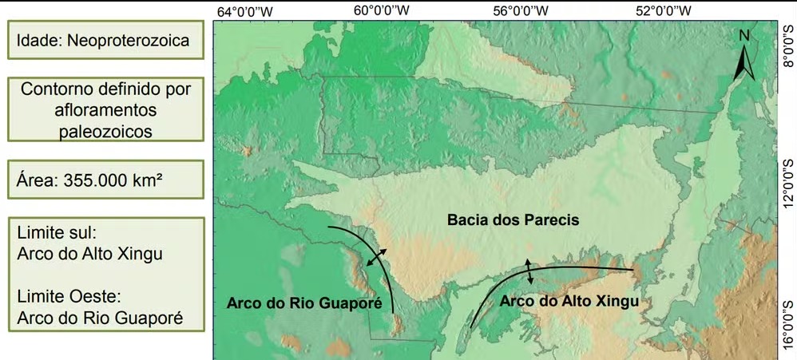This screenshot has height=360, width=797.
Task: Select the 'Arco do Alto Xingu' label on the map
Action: pos(569,301)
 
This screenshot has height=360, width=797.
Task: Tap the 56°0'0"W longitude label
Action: pos(521,10)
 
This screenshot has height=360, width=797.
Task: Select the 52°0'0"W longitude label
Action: pos(663,10)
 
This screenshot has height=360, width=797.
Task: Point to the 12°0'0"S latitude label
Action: pos(788,180)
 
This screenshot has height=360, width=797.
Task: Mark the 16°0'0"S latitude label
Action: pos(788,320)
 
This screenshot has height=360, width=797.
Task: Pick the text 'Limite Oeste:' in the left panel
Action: pos(68,297)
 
